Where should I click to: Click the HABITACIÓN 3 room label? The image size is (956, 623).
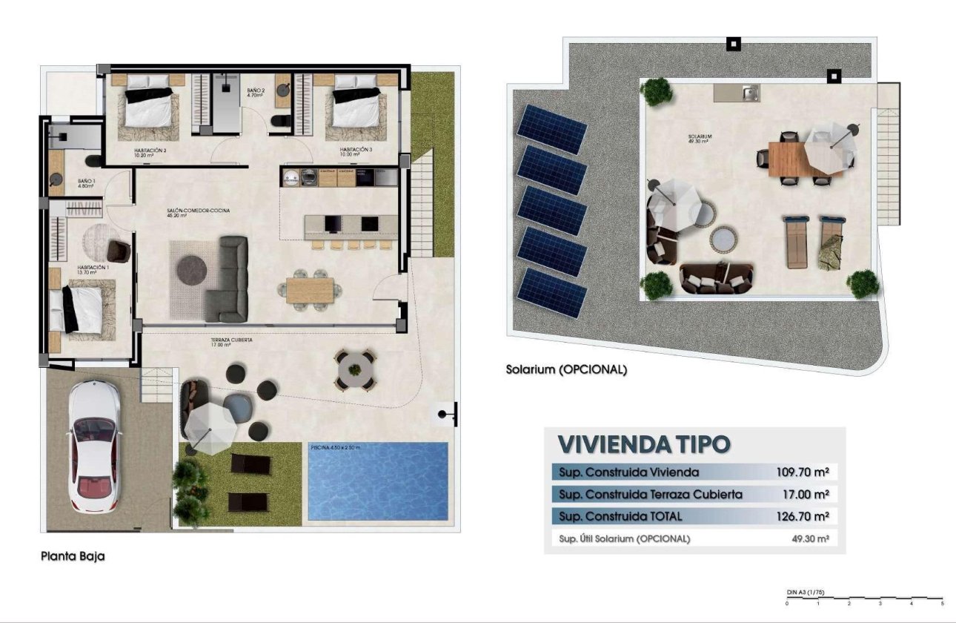tap(356, 151)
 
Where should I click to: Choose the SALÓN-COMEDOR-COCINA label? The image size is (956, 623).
tap(198, 211)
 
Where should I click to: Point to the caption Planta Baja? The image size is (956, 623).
tap(73, 556)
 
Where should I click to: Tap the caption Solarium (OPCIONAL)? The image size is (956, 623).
tap(566, 369)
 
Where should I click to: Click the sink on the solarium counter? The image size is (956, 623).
tap(748, 93)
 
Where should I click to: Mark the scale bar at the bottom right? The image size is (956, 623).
tap(864, 597)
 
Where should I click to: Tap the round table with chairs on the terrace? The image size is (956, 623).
tap(356, 369)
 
